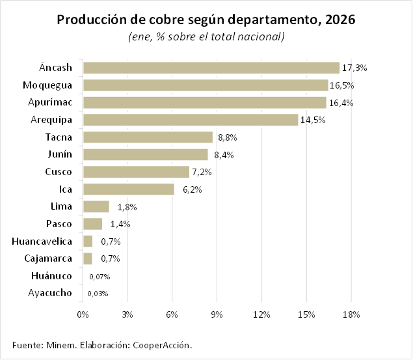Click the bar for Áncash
tap(211, 68)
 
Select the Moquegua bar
tap(206, 85)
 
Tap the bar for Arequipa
tap(191, 120)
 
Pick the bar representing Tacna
tap(148, 137)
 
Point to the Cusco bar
tap(137, 172)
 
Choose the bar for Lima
tap(96, 207)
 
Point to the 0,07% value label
tap(99, 277)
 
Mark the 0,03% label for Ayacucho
tap(98, 294)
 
